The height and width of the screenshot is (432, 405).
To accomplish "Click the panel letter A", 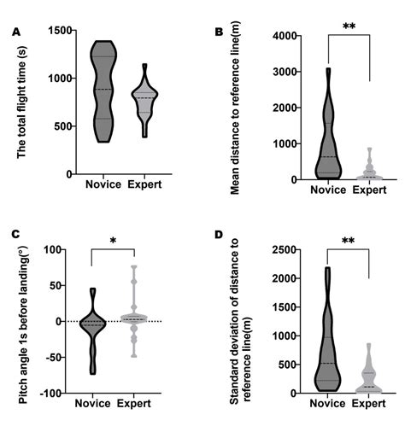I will click(16, 32).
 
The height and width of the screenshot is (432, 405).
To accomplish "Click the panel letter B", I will click(219, 32).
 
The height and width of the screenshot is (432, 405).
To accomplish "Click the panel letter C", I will click(16, 232).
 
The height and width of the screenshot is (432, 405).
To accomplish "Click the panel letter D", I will click(219, 232).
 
